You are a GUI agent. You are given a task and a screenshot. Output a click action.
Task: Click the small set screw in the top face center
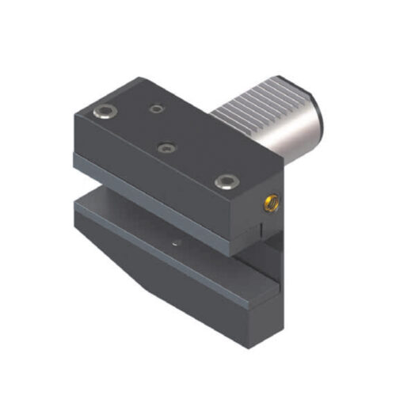coord(166,147)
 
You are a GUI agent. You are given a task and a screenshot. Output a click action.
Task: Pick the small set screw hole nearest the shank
coord(159,109)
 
